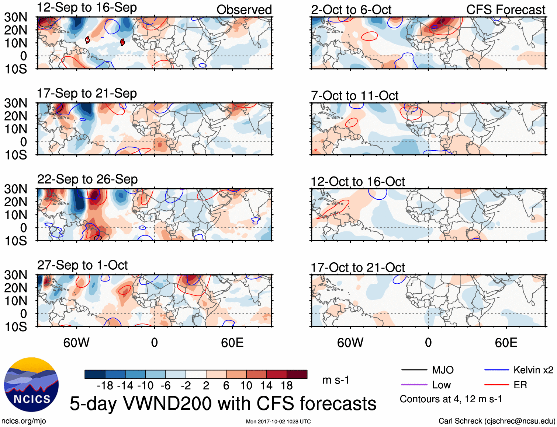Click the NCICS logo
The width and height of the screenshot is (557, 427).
[x=31, y=385]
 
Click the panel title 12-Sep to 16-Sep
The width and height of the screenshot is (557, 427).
[x=87, y=8]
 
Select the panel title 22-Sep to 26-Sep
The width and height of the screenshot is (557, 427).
[x=87, y=179]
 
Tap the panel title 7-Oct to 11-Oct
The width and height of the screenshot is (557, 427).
[x=354, y=96]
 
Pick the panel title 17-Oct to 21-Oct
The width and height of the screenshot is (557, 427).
[x=358, y=268]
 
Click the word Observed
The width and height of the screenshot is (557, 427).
[x=244, y=10]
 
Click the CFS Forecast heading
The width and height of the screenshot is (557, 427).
[x=505, y=10]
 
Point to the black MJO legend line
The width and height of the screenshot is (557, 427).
[x=414, y=370]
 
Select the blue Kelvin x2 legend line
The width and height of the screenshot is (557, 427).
[x=497, y=370]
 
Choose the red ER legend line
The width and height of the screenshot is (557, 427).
[x=497, y=385]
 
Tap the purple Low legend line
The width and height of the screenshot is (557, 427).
[x=414, y=385]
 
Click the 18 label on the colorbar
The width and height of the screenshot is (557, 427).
[x=287, y=386]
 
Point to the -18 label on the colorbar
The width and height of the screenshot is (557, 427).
[x=105, y=386]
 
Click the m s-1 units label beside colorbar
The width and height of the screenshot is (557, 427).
[x=336, y=380]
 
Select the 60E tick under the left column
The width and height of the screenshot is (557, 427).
[x=232, y=343]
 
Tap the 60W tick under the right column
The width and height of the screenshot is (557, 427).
[x=350, y=343]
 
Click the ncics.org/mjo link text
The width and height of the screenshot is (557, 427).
[x=24, y=421]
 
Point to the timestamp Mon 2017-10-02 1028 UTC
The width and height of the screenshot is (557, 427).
[x=278, y=421]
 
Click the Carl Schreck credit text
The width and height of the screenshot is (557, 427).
[x=497, y=421]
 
